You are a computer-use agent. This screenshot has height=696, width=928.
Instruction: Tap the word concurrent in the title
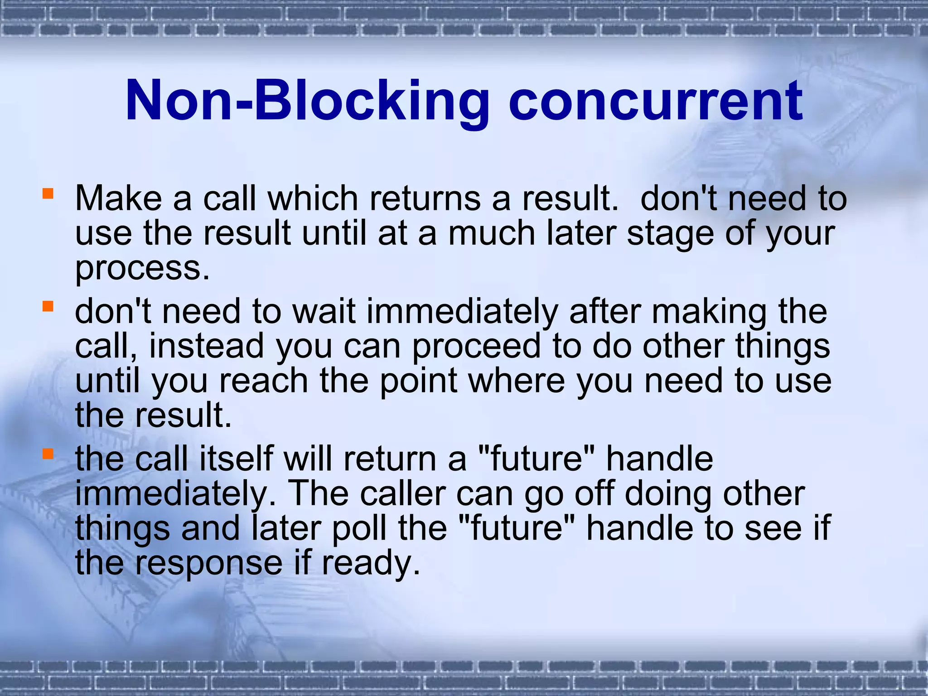click(x=655, y=101)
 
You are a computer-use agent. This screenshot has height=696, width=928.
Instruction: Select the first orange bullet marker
click(x=48, y=194)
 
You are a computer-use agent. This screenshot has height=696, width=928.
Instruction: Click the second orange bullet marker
click(x=48, y=307)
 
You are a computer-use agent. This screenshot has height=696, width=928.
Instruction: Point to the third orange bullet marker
click(x=48, y=454)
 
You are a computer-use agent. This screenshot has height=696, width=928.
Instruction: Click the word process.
click(x=142, y=268)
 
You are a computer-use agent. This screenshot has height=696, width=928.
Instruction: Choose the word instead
click(x=206, y=346)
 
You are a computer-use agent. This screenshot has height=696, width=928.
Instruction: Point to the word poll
click(x=360, y=528)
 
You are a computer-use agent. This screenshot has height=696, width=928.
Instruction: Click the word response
click(x=209, y=563)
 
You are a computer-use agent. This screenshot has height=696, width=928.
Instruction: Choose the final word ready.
click(x=370, y=563)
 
